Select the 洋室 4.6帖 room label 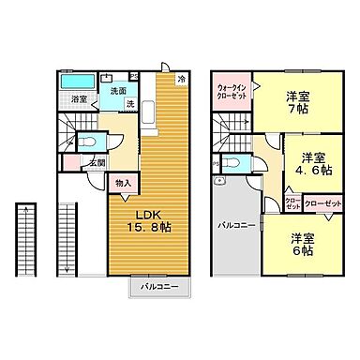click(311, 163)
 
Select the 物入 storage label click(124, 184)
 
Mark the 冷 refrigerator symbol click(181, 81)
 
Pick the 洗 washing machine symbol click(130, 102)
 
